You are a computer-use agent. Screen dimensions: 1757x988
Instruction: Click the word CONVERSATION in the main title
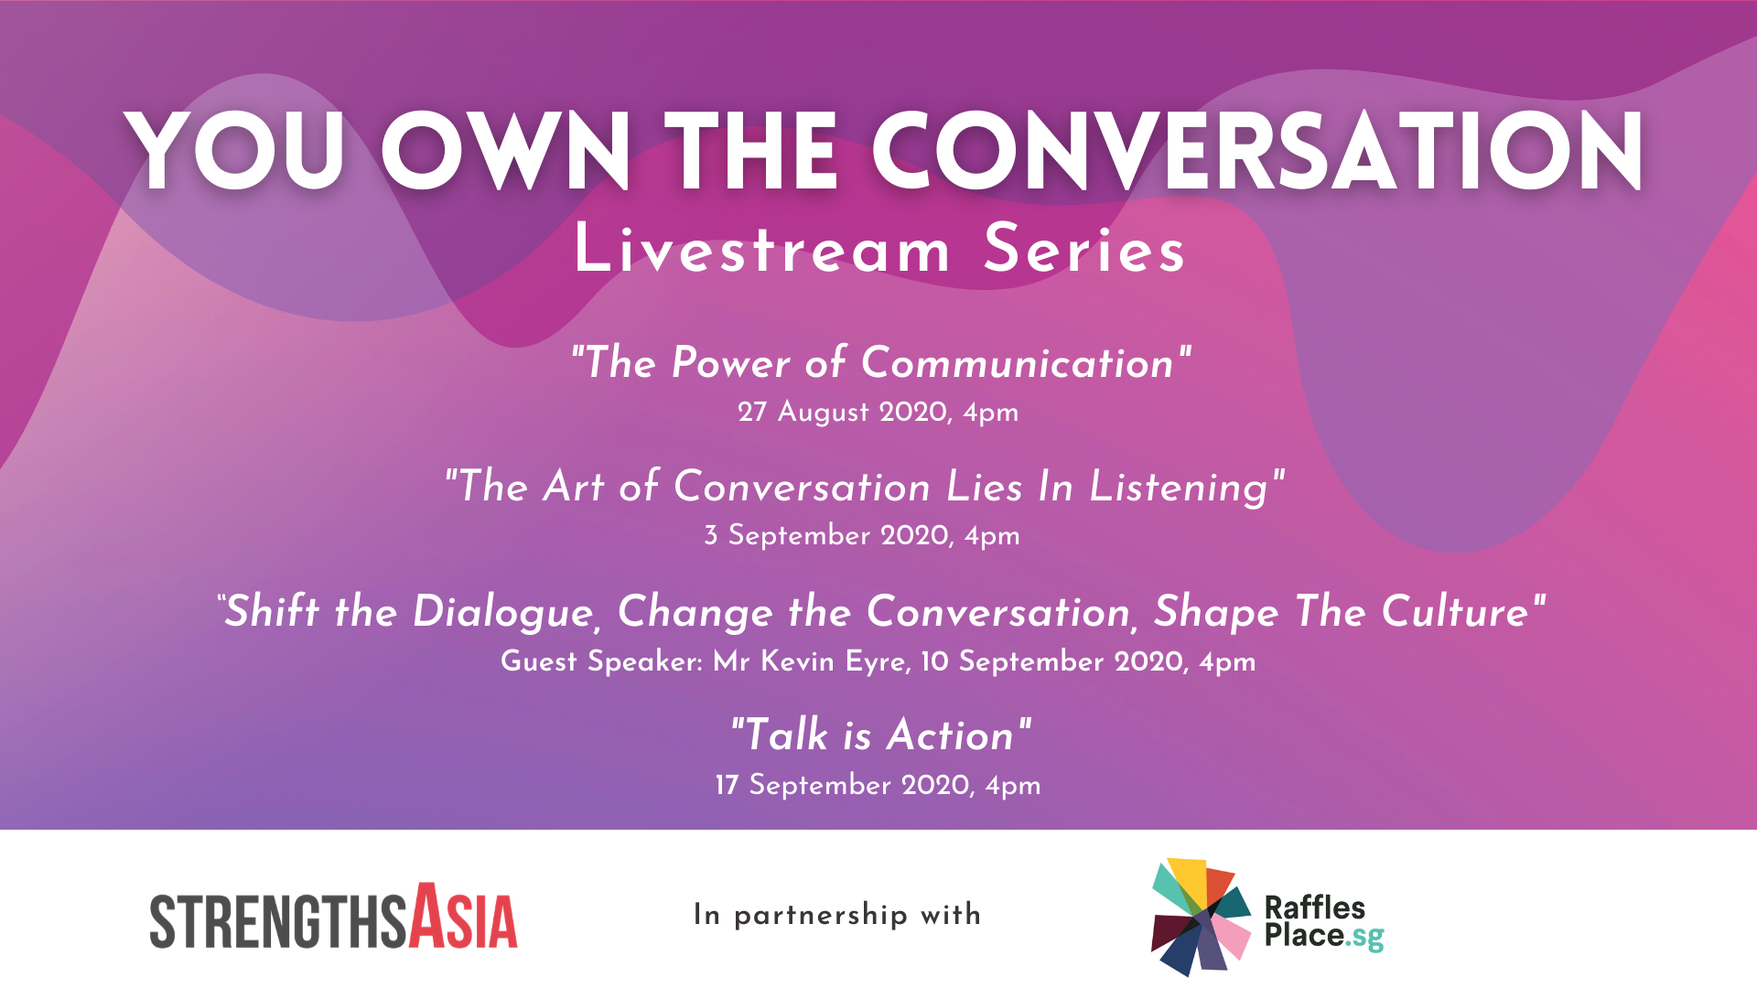1257,151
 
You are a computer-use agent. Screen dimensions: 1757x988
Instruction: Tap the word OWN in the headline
506,151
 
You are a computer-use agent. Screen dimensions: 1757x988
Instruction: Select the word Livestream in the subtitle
762,249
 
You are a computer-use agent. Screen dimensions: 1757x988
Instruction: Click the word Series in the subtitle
1084,249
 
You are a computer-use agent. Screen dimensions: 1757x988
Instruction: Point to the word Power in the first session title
730,363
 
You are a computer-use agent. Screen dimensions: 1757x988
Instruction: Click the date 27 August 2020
843,412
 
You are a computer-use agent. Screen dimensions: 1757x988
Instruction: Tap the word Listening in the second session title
1179,487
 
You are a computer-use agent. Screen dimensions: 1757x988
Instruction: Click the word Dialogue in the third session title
503,612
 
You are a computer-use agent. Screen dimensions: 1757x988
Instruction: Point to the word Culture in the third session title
1456,611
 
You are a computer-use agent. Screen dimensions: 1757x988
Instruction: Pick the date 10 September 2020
1053,661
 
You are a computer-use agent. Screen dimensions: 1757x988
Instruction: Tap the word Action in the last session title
951,735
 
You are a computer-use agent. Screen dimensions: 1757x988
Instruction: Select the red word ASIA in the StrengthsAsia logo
463,916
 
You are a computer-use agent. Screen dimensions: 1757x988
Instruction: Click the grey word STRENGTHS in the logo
278,921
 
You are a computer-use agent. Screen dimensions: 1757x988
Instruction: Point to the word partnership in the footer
821,916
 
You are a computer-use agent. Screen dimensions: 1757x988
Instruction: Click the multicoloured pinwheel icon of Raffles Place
1202,916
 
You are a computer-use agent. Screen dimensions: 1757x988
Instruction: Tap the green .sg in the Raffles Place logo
1364,938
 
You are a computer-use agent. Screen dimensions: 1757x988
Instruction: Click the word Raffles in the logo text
1314,907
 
